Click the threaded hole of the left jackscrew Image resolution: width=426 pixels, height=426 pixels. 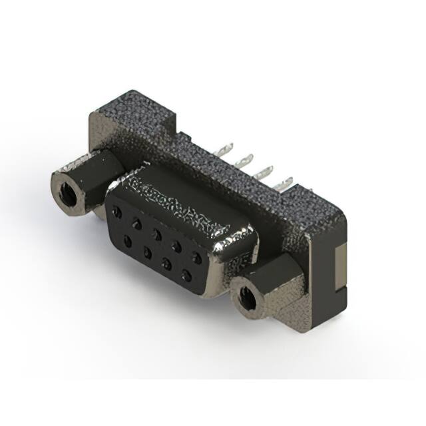click(x=67, y=194)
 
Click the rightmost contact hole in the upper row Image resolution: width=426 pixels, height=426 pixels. click(x=196, y=256)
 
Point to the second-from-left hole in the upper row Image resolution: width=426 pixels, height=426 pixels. click(x=136, y=222)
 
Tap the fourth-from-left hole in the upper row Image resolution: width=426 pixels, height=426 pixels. click(x=176, y=245)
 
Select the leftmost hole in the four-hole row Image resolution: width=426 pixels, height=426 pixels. click(x=127, y=239)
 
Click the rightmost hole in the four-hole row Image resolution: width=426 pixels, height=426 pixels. click(x=186, y=273)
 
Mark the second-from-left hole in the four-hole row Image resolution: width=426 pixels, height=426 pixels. click(x=146, y=250)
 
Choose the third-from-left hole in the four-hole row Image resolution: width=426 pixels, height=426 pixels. click(x=166, y=262)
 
